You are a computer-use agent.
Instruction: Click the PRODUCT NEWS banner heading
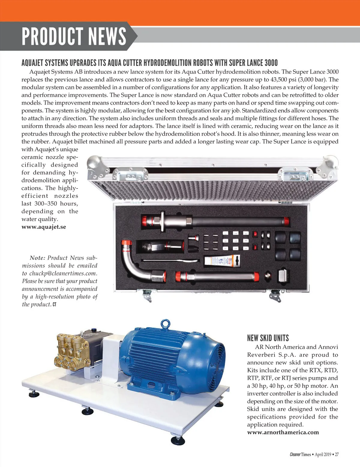(x=74, y=36)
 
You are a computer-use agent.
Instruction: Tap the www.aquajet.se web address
(x=44, y=227)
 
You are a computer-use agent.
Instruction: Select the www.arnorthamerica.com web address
(x=283, y=432)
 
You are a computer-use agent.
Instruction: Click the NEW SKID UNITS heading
(x=268, y=338)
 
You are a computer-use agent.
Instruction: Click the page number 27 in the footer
(x=337, y=454)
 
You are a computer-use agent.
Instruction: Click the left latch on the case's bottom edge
(x=147, y=295)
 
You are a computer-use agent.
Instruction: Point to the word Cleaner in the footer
(x=295, y=454)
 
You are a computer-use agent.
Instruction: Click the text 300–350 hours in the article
(x=50, y=204)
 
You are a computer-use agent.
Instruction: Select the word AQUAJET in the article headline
(x=32, y=63)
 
